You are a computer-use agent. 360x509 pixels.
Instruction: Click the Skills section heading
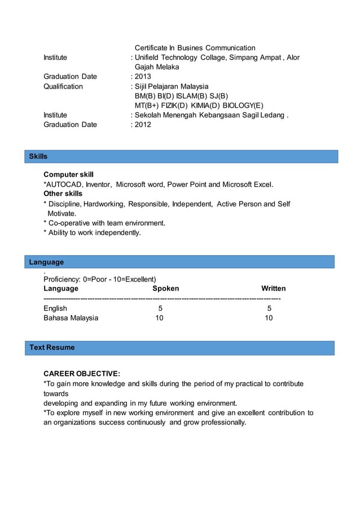pos(38,156)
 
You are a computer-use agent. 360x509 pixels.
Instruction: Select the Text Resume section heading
pos(52,348)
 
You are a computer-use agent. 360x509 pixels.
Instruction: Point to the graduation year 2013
pos(143,77)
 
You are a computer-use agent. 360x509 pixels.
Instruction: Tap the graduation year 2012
pos(143,125)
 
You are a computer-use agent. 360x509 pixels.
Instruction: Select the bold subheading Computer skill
pos(68,175)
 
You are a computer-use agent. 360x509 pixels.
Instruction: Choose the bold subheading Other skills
pos(63,194)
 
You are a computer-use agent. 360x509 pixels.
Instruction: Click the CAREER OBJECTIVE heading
pos(82,374)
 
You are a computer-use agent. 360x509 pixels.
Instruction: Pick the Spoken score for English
pos(160,309)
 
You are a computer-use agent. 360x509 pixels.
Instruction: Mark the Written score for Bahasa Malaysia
pos(269,318)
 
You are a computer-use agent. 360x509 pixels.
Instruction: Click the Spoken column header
pos(165,288)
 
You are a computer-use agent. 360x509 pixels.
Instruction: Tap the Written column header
pos(273,288)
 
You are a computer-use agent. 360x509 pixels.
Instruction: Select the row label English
pos(55,309)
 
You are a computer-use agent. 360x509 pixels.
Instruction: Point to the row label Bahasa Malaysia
pos(71,318)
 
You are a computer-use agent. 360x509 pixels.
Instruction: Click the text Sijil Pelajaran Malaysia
pos(172,86)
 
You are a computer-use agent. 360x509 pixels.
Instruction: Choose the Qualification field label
pos(63,86)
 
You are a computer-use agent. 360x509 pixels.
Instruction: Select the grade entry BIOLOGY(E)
pos(243,106)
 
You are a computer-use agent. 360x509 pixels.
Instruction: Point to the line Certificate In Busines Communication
pos(195,48)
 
